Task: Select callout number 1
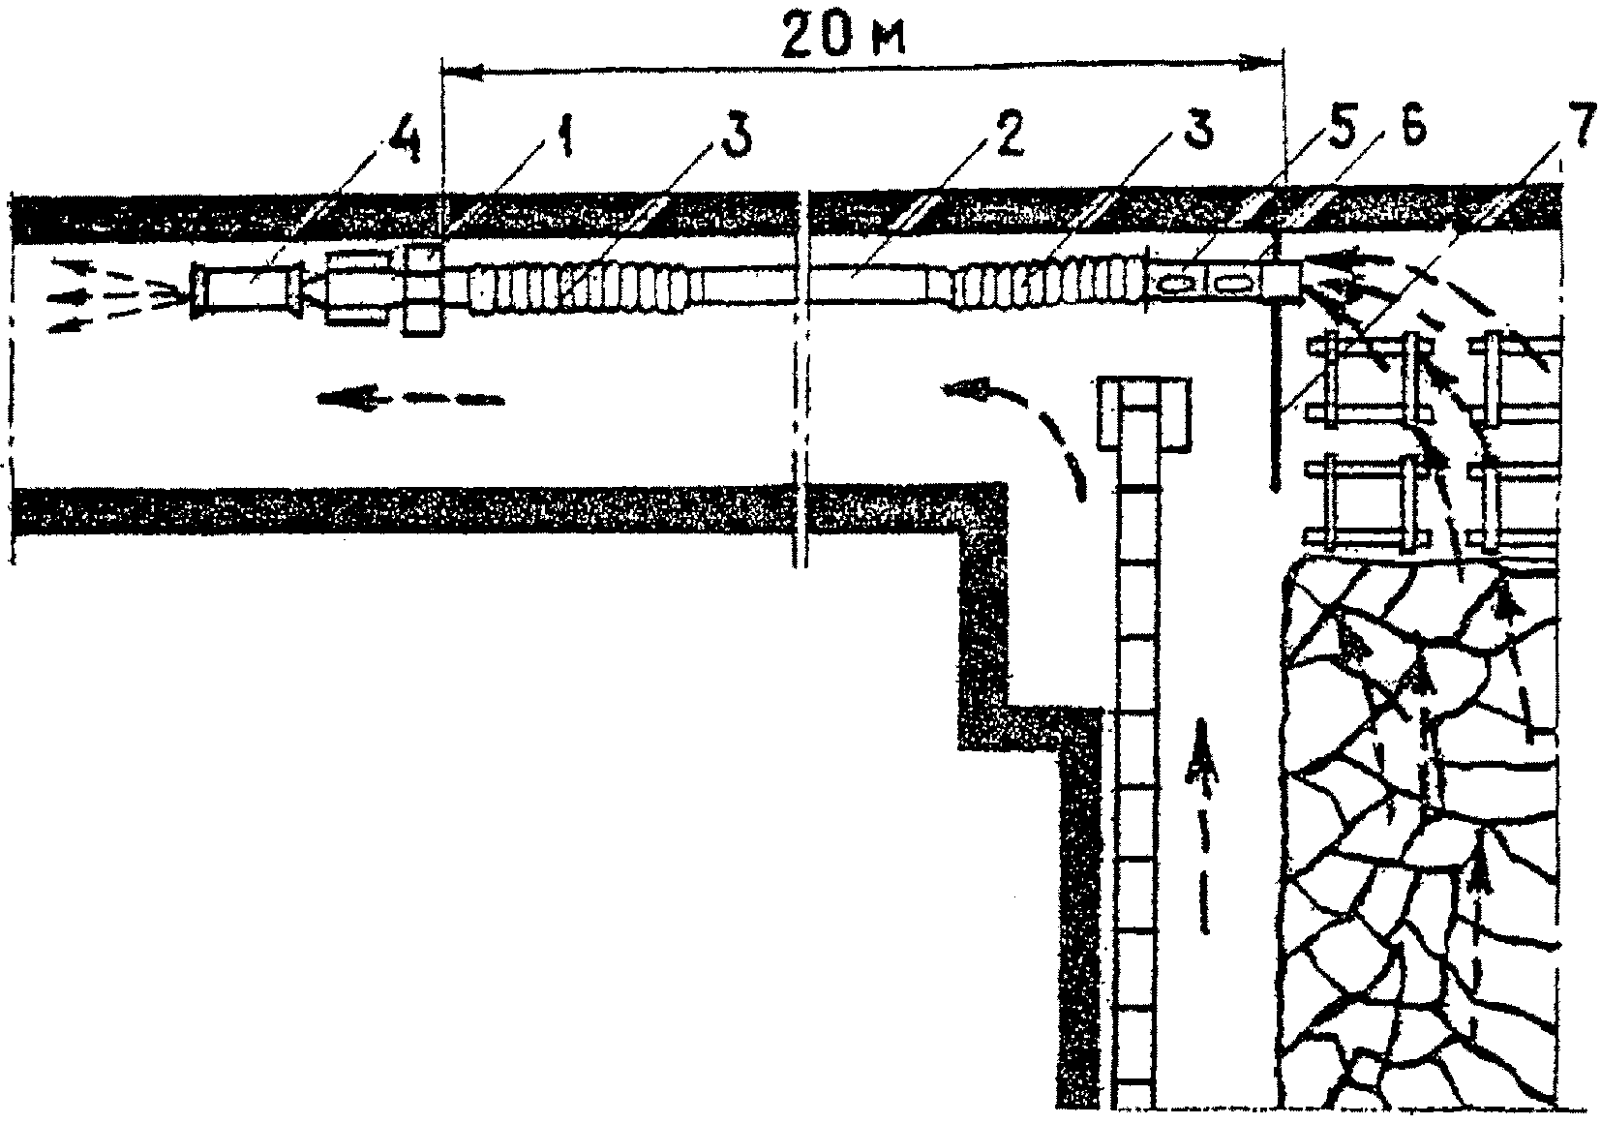pos(565,142)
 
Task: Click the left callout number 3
pos(734,142)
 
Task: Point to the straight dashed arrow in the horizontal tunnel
pos(407,396)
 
